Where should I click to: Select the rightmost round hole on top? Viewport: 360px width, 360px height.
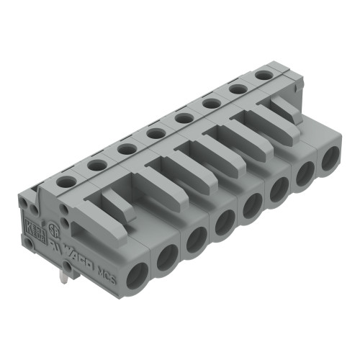pyautogui.click(x=264, y=74)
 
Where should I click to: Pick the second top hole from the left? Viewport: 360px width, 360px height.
pyautogui.click(x=96, y=165)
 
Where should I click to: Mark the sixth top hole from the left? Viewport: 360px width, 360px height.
pyautogui.click(x=211, y=102)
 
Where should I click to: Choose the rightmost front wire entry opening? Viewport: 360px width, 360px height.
pyautogui.click(x=329, y=160)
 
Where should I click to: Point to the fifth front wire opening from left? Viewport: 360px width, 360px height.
pyautogui.click(x=252, y=206)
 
